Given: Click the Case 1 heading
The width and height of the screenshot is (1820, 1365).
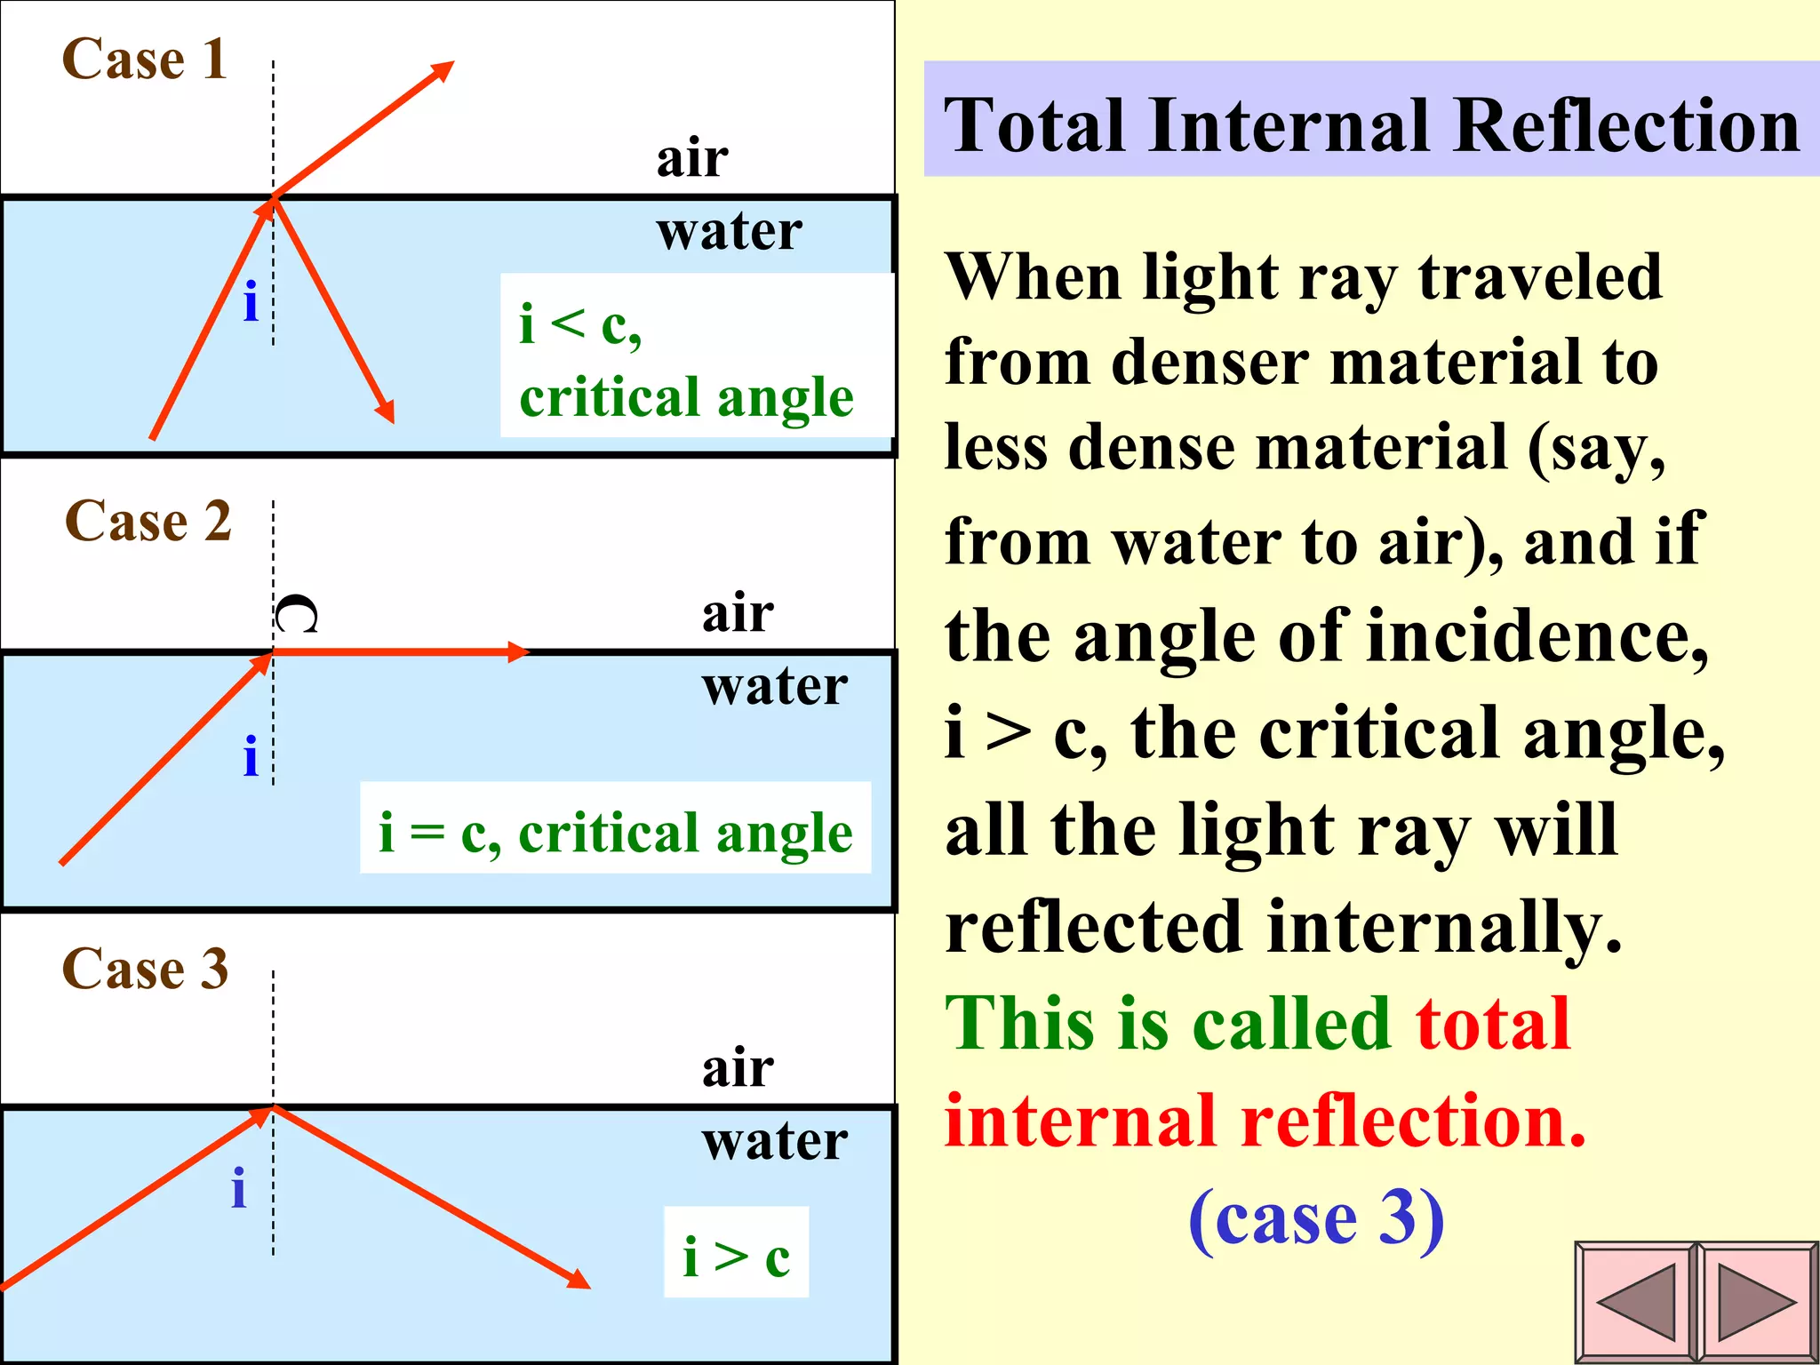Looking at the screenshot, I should pos(145,60).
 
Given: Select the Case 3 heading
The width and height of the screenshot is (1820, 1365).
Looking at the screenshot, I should pos(145,969).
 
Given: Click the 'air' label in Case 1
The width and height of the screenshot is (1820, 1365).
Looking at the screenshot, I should pos(692,158).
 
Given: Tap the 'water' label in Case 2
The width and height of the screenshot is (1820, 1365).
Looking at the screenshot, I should pos(774,686).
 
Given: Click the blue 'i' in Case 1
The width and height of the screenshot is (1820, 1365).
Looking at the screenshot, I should pos(251,302).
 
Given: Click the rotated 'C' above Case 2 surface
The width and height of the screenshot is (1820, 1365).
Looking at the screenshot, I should pos(296,614).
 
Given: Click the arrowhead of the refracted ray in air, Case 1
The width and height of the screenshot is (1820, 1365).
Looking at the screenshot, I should pos(443,70).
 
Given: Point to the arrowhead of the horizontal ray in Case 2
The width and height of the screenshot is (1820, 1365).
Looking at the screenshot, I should pos(519,652).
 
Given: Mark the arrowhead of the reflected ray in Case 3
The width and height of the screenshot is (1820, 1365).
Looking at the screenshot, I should pos(579,1280).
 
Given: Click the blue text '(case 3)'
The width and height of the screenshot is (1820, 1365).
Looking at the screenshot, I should pos(1316,1218).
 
